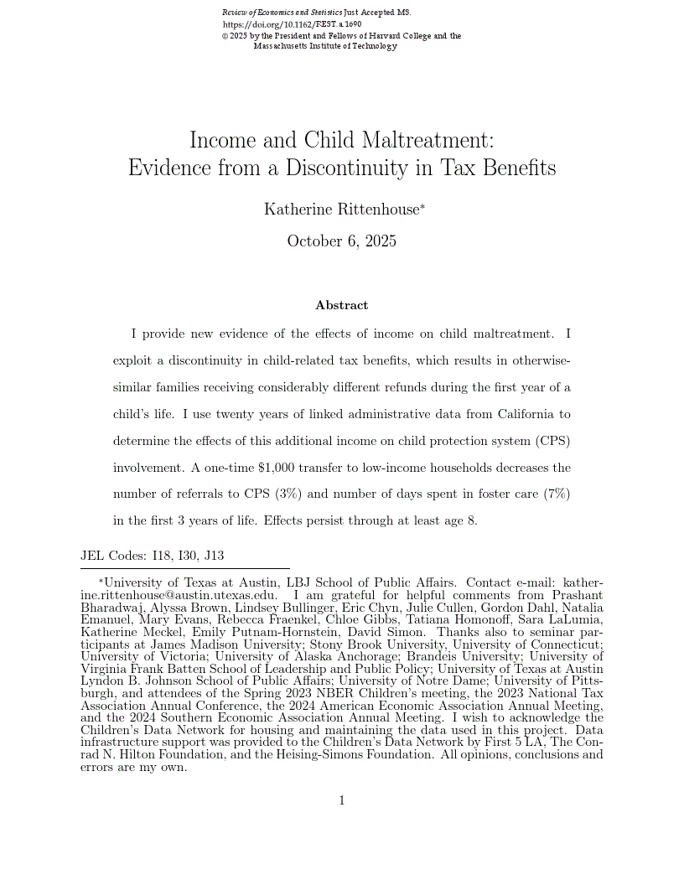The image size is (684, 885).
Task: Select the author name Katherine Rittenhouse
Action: (340, 210)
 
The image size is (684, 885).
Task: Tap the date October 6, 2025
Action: (341, 241)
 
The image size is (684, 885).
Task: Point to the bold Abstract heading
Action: (341, 306)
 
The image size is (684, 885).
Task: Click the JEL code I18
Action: (160, 556)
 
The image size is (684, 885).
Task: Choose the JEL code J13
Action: (213, 556)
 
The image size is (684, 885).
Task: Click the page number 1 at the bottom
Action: (342, 800)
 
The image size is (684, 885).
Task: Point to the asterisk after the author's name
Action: (423, 206)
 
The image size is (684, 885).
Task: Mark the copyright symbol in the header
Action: (225, 37)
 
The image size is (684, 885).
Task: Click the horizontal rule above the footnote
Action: (184, 569)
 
